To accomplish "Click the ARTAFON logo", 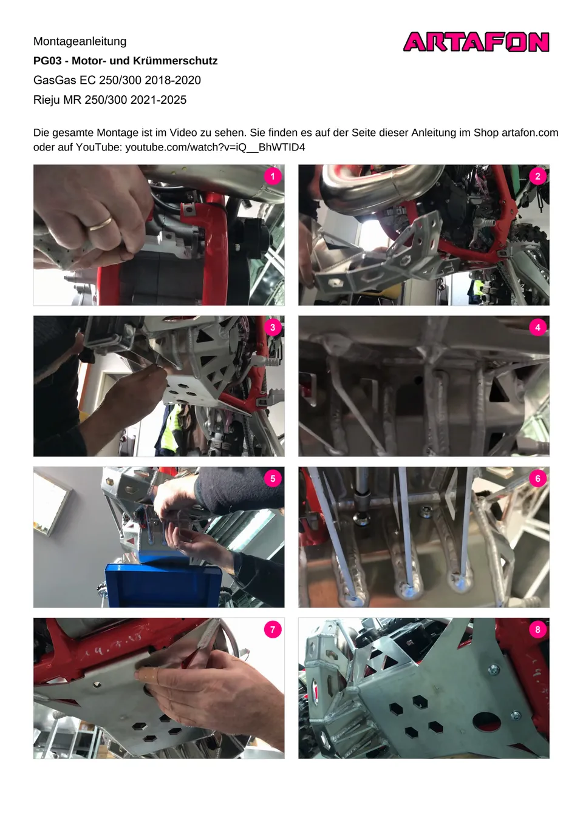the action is pos(476,42).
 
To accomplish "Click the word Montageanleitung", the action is pos(80,41).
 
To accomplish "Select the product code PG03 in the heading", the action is pos(47,61).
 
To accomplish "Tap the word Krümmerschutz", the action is pos(175,61).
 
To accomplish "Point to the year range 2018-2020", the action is pos(172,80).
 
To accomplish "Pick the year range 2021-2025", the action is pos(159,100).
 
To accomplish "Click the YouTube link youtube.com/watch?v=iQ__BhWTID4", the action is pos(216,147).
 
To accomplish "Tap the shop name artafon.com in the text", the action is pos(530,132).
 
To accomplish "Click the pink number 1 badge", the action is pos(273,176).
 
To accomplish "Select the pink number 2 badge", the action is pos(537,176).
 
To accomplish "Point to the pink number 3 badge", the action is pos(273,328).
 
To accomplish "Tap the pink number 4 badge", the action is pos(537,328).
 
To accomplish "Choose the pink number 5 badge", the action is pos(273,479).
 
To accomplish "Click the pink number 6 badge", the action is pos(537,479).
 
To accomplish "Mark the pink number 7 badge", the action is pos(273,630).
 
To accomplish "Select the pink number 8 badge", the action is pos(537,630).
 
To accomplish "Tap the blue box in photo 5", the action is pos(163,584).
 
